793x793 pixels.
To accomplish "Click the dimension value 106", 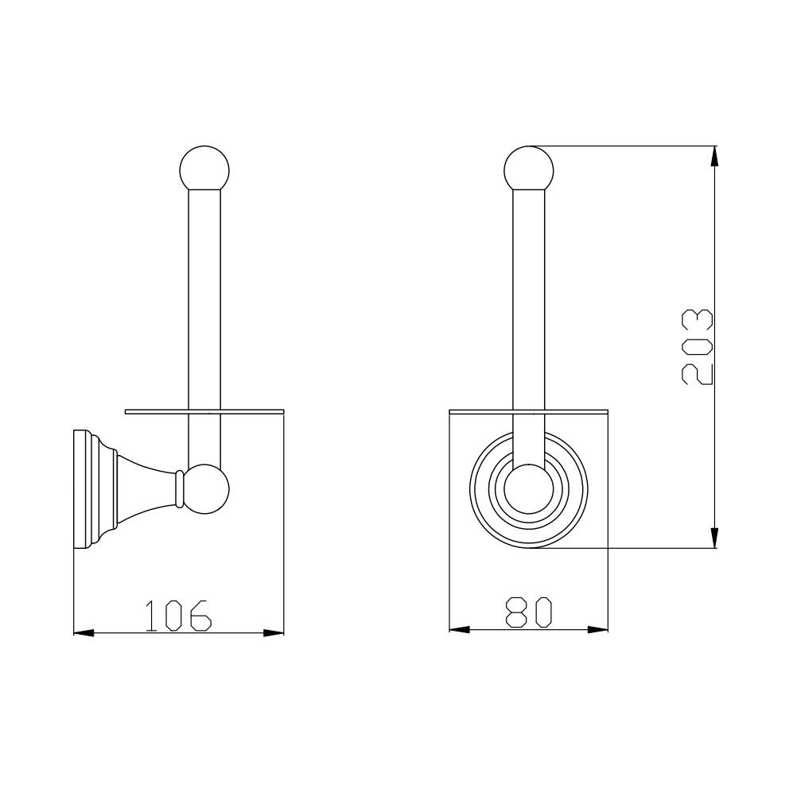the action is (178, 615).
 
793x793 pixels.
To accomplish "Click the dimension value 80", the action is (528, 612).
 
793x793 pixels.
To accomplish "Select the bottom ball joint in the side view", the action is (205, 489).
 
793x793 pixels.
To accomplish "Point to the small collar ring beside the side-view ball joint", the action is (178, 488).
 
